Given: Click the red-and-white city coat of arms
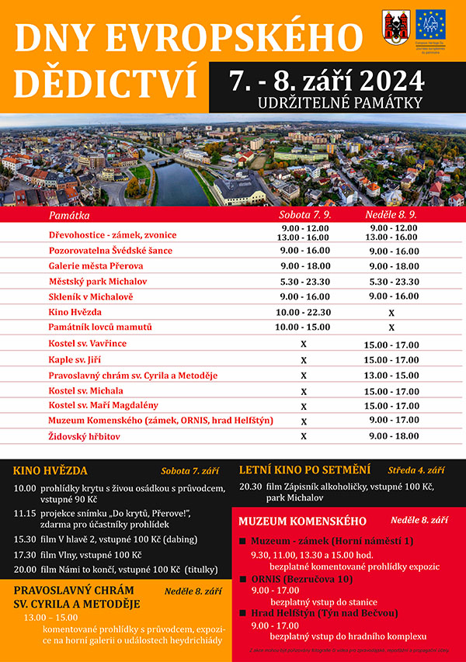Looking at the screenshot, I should [393, 26].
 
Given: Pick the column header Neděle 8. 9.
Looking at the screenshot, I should [391, 213].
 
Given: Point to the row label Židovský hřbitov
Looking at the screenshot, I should [85, 437].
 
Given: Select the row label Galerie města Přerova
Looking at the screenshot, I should [96, 266].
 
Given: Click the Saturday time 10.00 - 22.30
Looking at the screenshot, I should [304, 312].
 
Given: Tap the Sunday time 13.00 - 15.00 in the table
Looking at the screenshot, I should [391, 376].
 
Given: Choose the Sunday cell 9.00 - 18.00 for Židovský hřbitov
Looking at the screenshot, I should [391, 437].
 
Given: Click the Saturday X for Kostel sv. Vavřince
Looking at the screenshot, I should [304, 344].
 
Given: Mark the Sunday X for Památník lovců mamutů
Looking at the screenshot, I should [391, 328].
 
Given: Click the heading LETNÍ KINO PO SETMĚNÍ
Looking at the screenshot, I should [304, 470].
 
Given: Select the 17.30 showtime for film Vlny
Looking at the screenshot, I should [25, 555].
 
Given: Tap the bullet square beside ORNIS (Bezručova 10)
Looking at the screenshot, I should [242, 578].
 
